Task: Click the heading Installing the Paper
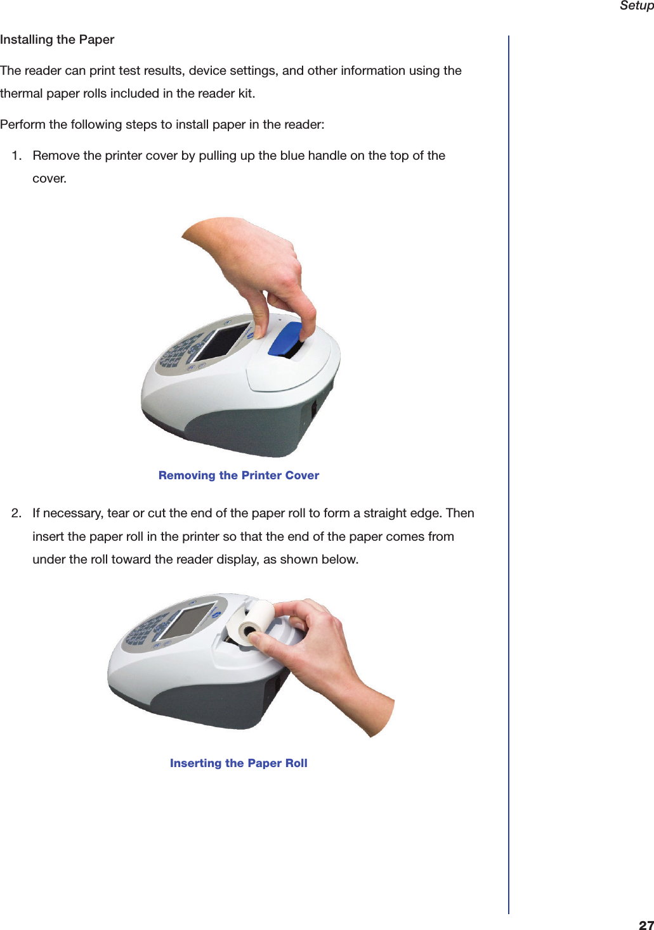click(57, 39)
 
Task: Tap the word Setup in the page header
click(636, 6)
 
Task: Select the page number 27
click(646, 924)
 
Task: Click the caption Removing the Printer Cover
click(239, 475)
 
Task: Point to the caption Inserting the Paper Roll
click(239, 763)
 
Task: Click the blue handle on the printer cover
click(285, 340)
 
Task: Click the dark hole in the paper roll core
click(247, 630)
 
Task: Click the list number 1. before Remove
click(17, 156)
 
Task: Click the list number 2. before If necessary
click(17, 513)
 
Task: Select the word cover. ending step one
click(49, 179)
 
